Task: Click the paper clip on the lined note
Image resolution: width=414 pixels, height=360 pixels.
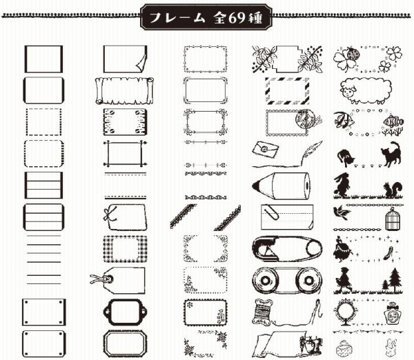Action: coord(271,212)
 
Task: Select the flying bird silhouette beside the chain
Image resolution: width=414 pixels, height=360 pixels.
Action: coord(341,212)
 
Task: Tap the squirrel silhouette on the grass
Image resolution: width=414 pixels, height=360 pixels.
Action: coord(393,189)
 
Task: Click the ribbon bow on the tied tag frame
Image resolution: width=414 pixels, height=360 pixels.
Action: coord(110,214)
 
